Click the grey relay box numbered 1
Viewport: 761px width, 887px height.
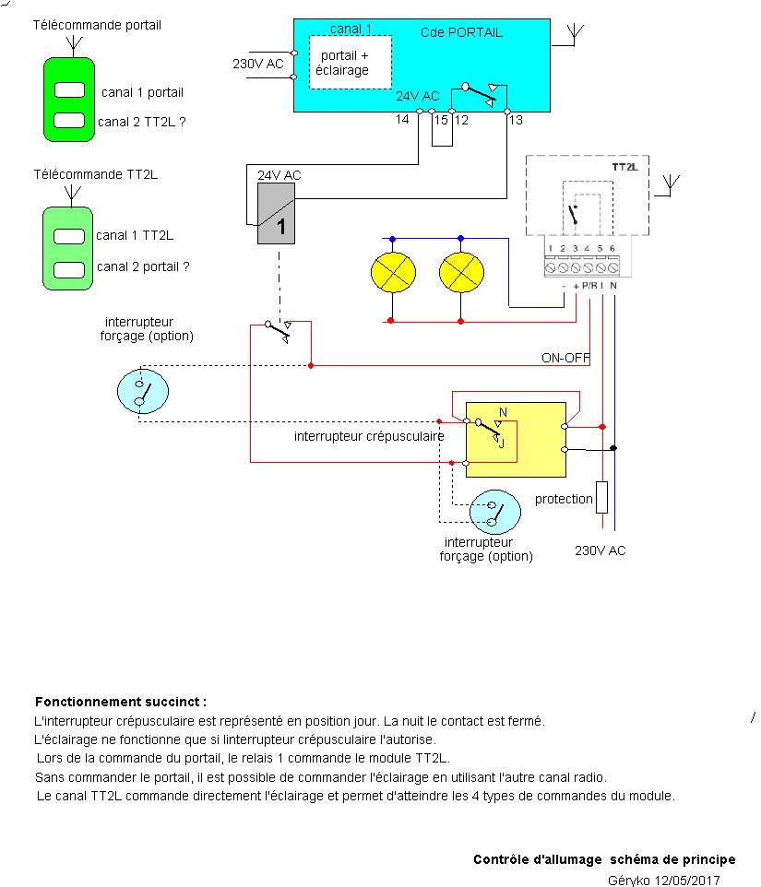(x=276, y=213)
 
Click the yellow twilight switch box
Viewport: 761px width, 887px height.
(x=516, y=440)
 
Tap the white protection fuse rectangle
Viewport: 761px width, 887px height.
(x=601, y=497)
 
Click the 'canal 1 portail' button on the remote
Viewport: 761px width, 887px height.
(x=69, y=90)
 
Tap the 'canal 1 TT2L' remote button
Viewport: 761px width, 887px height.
(x=69, y=236)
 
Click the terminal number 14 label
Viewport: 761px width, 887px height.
(x=402, y=121)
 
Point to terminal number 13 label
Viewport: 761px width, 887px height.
(x=516, y=121)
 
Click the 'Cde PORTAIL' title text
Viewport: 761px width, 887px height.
(x=468, y=32)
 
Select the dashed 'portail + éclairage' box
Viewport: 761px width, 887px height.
(x=350, y=62)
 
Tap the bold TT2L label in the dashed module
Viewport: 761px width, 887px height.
(x=625, y=168)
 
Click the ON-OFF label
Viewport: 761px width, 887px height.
(x=565, y=358)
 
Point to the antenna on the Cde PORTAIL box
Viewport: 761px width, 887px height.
(x=572, y=35)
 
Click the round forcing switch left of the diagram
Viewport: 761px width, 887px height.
(x=143, y=391)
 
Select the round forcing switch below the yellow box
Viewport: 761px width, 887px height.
(x=495, y=513)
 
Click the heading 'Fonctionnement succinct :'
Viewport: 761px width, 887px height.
(x=121, y=702)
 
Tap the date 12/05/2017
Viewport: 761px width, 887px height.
(x=686, y=881)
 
